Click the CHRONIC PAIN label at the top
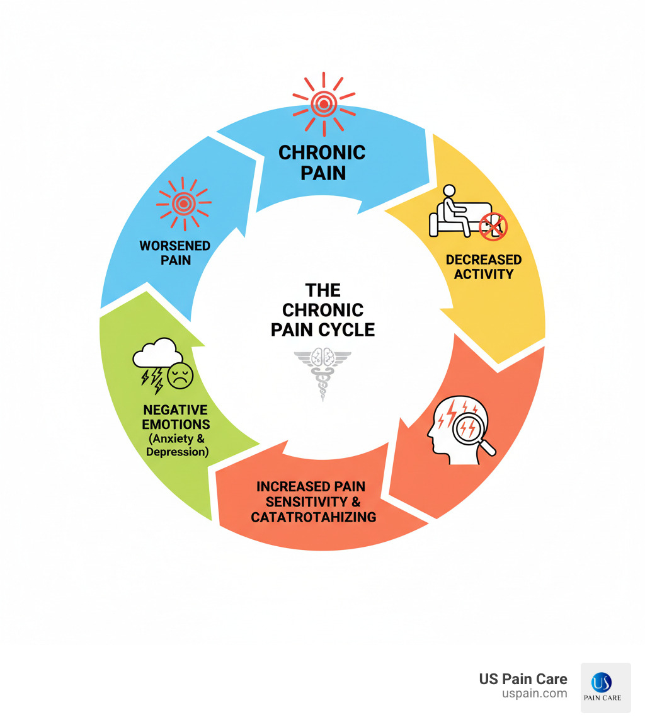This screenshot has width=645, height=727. pos(322,162)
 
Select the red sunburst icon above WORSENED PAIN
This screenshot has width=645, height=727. pos(183,203)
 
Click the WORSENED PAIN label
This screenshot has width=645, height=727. pos(176,252)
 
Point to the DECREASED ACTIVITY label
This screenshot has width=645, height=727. pos(483,266)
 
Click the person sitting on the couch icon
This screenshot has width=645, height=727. pos(452,211)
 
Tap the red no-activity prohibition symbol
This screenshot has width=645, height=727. pos(493,226)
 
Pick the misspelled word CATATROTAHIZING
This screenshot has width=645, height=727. pos(313,517)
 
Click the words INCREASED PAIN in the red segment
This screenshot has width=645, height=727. pos(311,486)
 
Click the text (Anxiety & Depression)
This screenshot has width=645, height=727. pos(177,445)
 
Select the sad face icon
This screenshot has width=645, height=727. pos(180,376)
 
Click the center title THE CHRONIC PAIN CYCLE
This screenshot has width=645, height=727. pos(322,309)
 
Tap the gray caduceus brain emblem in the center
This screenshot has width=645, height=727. pos(322,372)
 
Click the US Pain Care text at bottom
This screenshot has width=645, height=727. pos(523,679)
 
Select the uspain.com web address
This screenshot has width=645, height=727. pos(534,694)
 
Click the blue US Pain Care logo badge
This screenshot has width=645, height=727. pos(605,687)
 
